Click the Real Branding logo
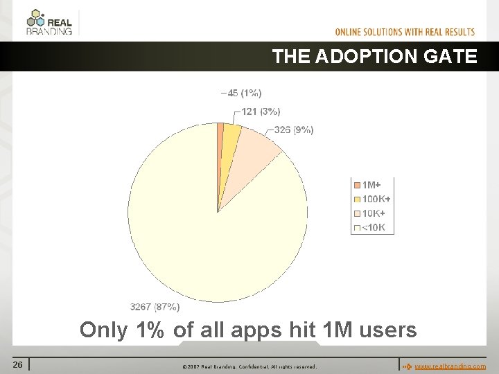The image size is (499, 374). (49, 22)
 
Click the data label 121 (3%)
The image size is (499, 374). (261, 112)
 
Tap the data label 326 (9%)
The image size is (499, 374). (293, 130)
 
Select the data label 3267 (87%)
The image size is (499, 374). (155, 307)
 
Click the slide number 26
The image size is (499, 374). (17, 364)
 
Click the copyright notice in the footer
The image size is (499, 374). (249, 366)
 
